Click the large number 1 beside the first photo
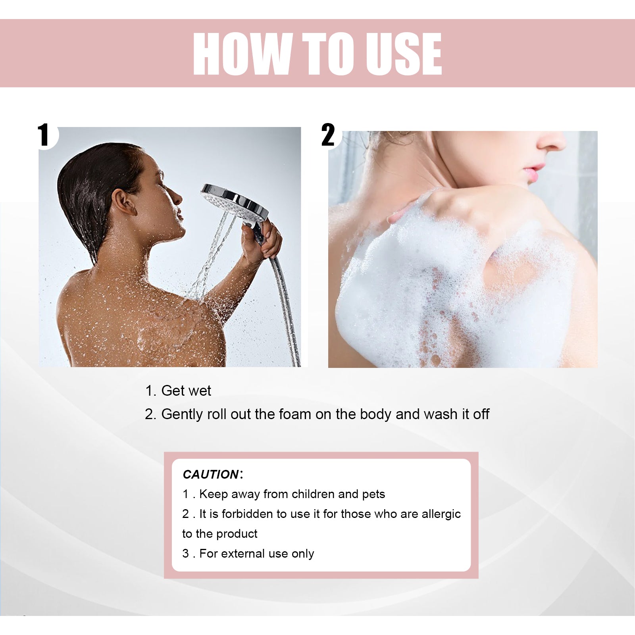(x=44, y=135)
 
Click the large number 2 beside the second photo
(x=328, y=135)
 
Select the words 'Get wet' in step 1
(x=186, y=391)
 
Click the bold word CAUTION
(x=211, y=474)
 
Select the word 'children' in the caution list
(x=308, y=494)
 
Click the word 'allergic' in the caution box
(x=441, y=514)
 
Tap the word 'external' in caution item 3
(x=243, y=554)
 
